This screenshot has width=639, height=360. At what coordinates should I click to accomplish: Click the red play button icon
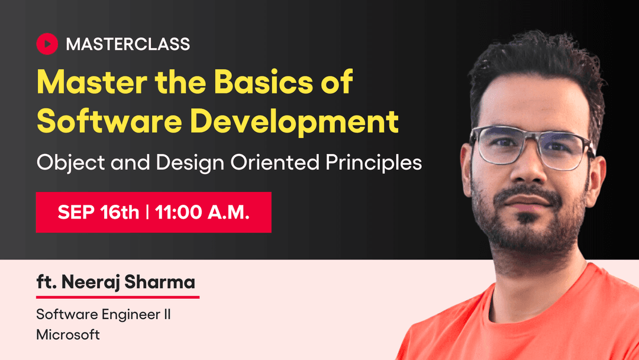coord(47,43)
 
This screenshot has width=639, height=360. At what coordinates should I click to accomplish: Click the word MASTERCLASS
coord(128,44)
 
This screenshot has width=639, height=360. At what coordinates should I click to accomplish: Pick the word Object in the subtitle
coord(62,162)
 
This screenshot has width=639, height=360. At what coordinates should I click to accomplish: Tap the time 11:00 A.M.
coord(202,213)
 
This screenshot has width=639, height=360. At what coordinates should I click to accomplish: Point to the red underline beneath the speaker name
coord(118,296)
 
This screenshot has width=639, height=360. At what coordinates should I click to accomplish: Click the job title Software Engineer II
coord(104,314)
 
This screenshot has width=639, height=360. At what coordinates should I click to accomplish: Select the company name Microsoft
coord(68,335)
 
